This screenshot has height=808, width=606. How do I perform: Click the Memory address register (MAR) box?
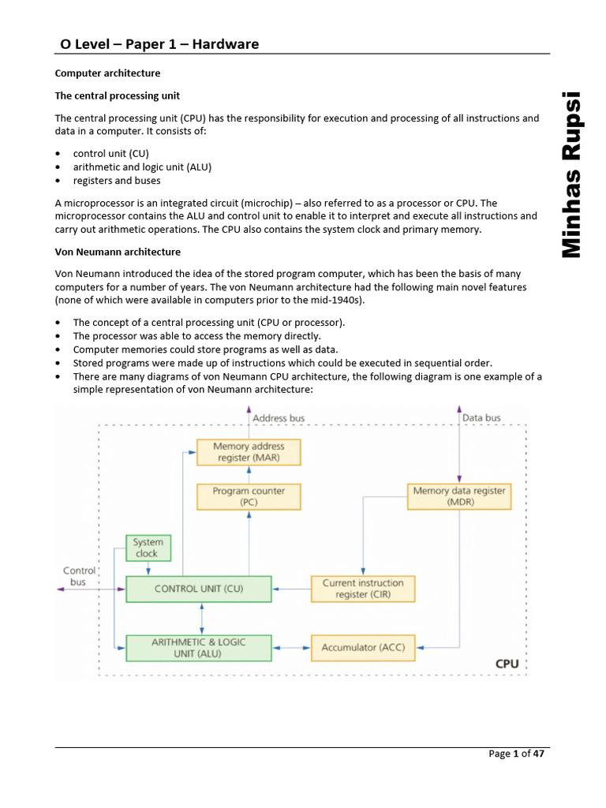pos(248,452)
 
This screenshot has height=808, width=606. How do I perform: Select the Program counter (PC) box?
pos(248,496)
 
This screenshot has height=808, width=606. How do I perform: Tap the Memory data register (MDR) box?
pos(459,496)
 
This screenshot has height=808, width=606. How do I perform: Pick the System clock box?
pos(148,548)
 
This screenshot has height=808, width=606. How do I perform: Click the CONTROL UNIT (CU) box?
pos(199,589)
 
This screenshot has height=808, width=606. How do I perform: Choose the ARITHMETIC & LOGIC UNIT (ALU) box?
pos(199,648)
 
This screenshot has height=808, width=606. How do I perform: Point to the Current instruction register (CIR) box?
pos(363,589)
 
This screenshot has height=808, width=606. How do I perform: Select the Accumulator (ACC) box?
pos(363,648)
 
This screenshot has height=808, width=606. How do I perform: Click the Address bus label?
pos(278,417)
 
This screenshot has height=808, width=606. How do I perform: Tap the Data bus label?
pos(481,417)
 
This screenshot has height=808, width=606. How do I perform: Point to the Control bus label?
pos(78,576)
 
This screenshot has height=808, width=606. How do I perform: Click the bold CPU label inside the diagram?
pos(507,664)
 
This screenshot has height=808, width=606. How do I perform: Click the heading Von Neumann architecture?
pos(118,252)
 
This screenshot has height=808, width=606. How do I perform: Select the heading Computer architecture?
pos(107,73)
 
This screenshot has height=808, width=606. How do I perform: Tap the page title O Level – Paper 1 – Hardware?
pos(160,44)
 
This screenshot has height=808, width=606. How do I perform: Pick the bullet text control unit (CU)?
pos(110,153)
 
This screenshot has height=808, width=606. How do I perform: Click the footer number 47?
pos(539,754)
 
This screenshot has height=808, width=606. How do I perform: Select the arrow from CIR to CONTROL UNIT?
pos(291,589)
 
